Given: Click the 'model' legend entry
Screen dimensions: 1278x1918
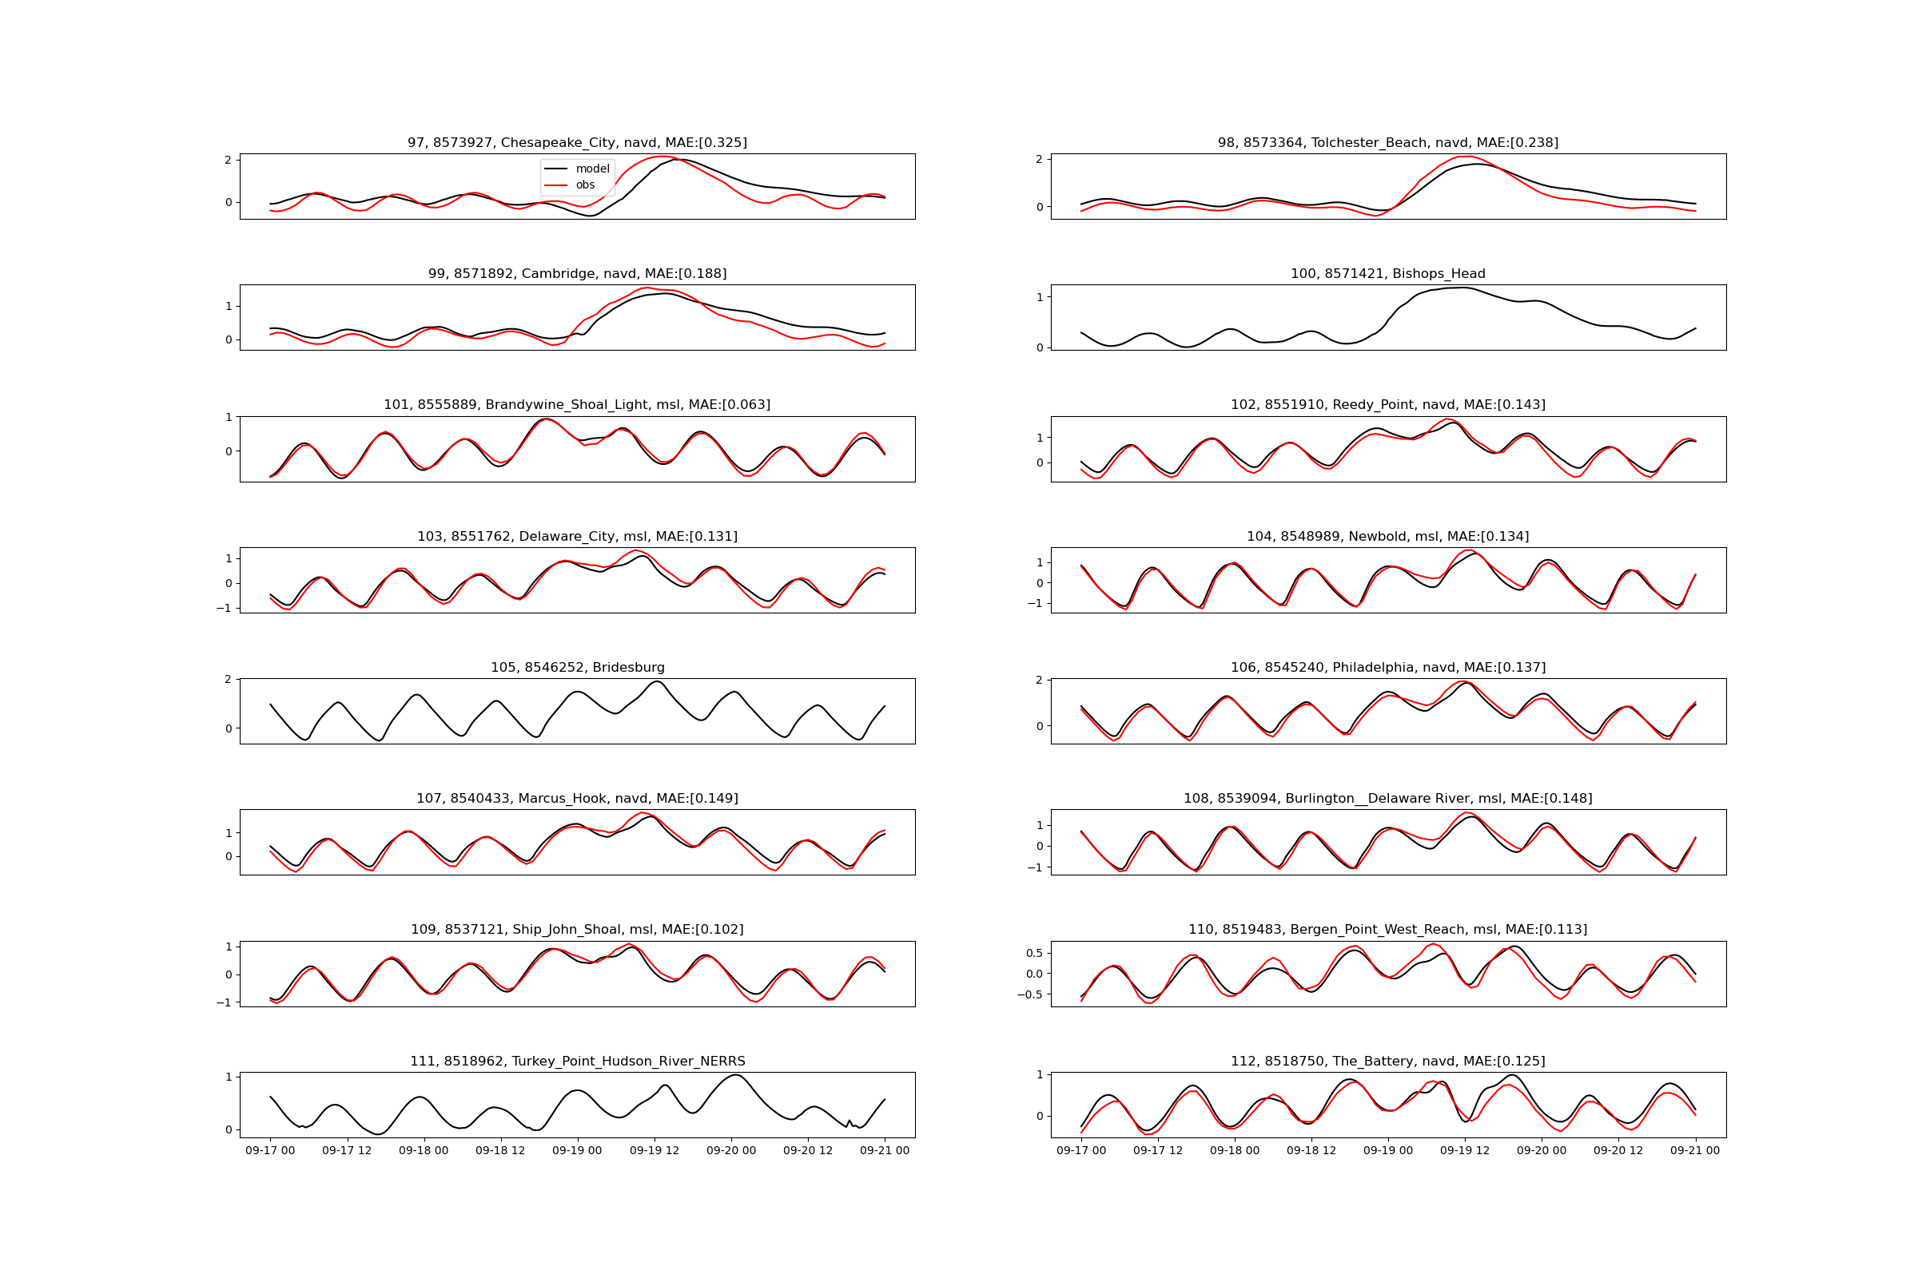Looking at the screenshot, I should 592,169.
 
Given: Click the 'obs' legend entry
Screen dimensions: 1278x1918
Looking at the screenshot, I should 585,185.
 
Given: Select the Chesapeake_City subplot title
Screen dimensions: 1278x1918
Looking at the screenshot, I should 576,143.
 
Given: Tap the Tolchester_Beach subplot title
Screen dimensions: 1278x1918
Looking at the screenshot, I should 1387,143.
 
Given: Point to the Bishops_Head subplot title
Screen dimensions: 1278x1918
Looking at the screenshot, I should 1387,274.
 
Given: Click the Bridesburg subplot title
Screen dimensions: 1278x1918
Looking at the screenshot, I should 576,668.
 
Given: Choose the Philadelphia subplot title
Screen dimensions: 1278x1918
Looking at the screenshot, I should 1387,668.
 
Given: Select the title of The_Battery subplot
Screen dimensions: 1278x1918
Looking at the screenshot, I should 1387,1062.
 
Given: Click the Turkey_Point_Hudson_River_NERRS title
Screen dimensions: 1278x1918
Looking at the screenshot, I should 576,1062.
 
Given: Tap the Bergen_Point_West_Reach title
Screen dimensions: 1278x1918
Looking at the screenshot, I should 1387,930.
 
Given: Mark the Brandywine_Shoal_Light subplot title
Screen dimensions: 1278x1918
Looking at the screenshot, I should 576,405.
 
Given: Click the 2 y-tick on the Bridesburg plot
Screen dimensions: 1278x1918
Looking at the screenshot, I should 228,679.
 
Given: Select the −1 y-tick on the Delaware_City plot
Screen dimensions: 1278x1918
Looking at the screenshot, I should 224,608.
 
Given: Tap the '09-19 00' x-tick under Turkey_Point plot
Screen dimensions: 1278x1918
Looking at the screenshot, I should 576,1150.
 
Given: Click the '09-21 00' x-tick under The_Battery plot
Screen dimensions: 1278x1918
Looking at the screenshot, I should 1694,1150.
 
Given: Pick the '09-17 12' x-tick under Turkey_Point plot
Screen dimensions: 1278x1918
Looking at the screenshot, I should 347,1150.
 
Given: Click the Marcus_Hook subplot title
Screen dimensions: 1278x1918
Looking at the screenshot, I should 576,799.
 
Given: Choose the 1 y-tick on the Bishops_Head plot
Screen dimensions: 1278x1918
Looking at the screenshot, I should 1040,297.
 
